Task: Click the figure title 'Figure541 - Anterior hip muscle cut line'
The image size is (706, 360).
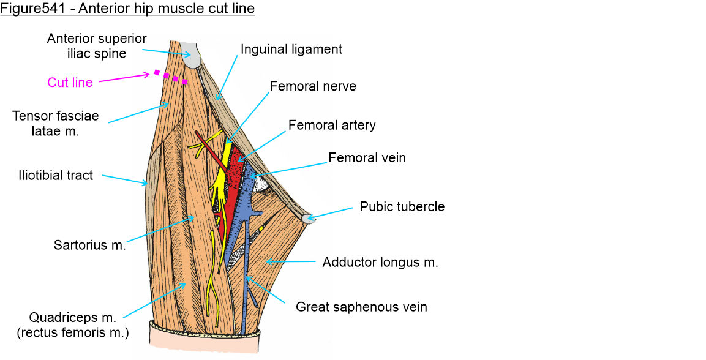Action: coord(127,9)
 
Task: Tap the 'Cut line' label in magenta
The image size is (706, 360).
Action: coord(70,83)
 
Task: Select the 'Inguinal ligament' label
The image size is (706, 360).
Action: coord(291,49)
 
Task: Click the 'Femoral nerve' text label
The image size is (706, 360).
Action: coord(312,87)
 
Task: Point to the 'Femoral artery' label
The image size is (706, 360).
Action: coord(332,126)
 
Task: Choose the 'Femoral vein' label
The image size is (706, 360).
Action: coord(367,158)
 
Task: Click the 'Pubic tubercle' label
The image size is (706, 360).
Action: coord(402,206)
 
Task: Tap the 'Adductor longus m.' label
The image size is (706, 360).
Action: coord(380,263)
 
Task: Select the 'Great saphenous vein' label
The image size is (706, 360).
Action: coord(361,307)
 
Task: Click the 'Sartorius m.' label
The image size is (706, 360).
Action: coord(89,246)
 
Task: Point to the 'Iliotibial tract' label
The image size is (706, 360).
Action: coord(56,176)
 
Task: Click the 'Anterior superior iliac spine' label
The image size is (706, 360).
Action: coord(97,46)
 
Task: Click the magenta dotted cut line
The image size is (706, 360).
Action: coord(171,77)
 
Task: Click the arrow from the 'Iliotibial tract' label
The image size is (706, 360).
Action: coord(122,179)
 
